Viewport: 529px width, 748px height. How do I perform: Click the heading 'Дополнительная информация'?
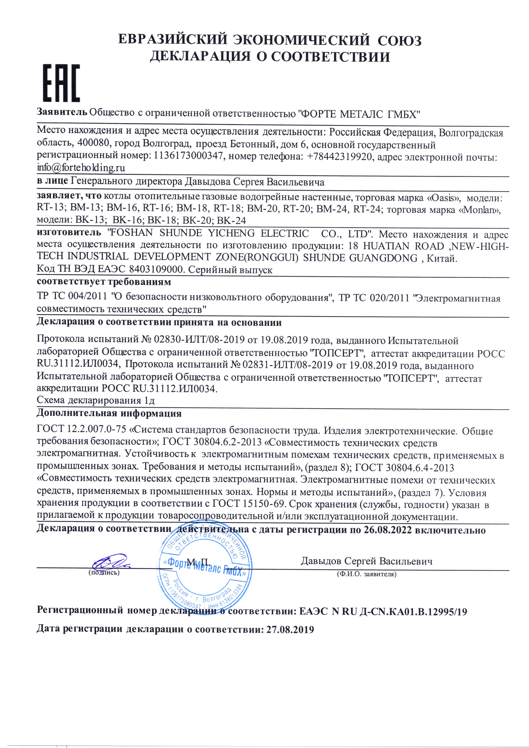tap(109, 413)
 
